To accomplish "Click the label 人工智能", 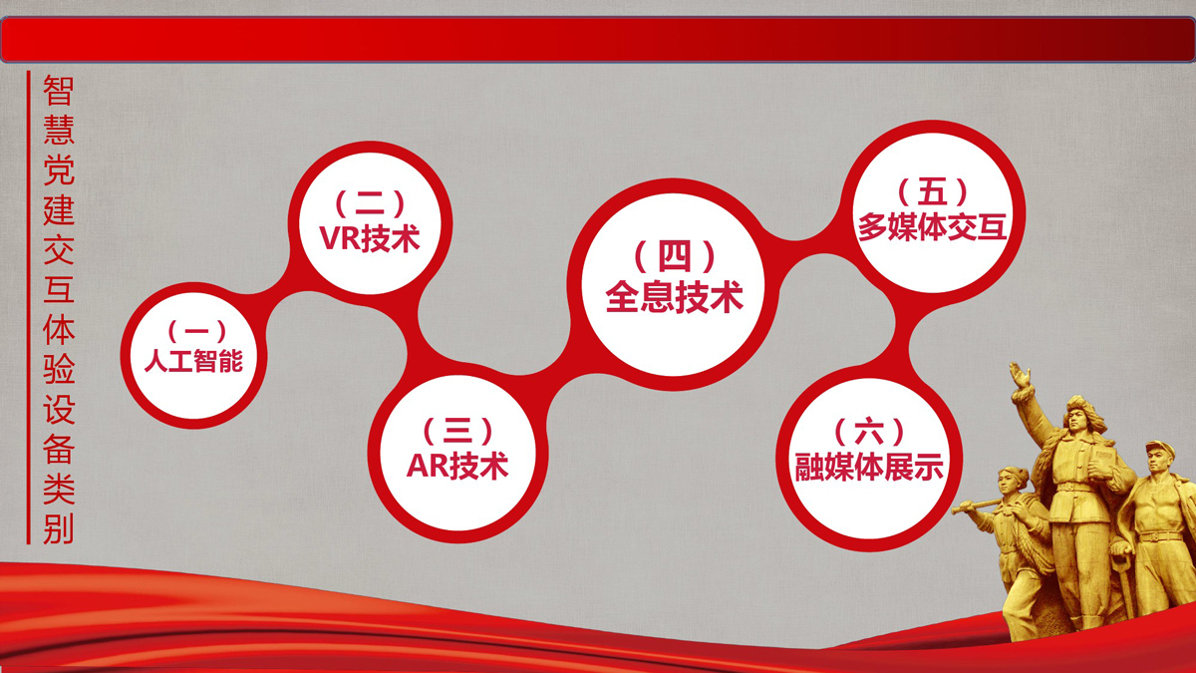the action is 193,361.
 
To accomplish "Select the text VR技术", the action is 370,238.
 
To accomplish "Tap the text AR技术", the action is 457,466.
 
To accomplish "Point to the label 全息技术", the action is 674,297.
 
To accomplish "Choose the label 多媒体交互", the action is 932,227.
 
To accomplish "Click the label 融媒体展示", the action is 869,467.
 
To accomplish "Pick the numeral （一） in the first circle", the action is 196,331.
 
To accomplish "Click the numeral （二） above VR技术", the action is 370,203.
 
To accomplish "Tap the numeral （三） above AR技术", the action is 457,431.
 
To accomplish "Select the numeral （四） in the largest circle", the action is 675,256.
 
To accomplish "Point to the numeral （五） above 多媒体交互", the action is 933,191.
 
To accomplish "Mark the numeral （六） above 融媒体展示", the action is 869,432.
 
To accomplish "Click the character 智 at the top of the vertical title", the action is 58,91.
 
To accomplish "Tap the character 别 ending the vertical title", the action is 58,528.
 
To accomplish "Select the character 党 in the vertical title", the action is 58,170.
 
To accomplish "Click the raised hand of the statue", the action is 1019,375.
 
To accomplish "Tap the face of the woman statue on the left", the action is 1011,483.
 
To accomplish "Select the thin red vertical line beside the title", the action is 28,308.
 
